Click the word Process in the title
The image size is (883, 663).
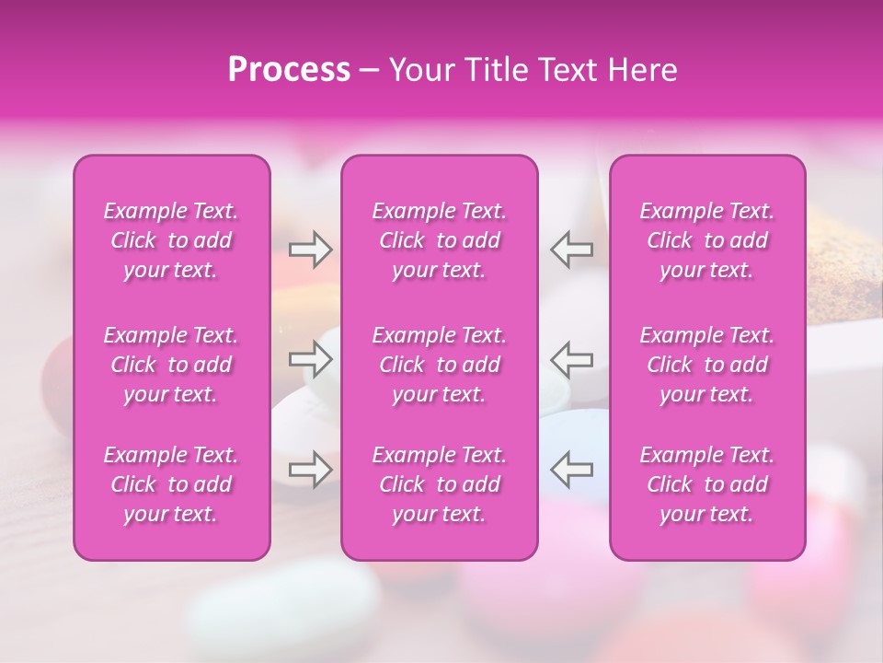289,70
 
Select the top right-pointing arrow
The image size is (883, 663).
311,249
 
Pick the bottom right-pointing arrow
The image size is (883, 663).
311,470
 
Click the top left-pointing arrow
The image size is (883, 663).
572,249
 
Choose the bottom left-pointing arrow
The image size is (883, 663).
572,470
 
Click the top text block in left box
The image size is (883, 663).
171,240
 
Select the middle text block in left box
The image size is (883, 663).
171,365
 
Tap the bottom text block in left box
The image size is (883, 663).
171,484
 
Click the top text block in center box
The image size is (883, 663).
440,240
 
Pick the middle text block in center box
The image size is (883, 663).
440,365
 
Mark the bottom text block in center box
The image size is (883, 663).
440,484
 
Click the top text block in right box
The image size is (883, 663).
707,240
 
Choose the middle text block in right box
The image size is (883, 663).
707,365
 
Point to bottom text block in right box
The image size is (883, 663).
707,484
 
